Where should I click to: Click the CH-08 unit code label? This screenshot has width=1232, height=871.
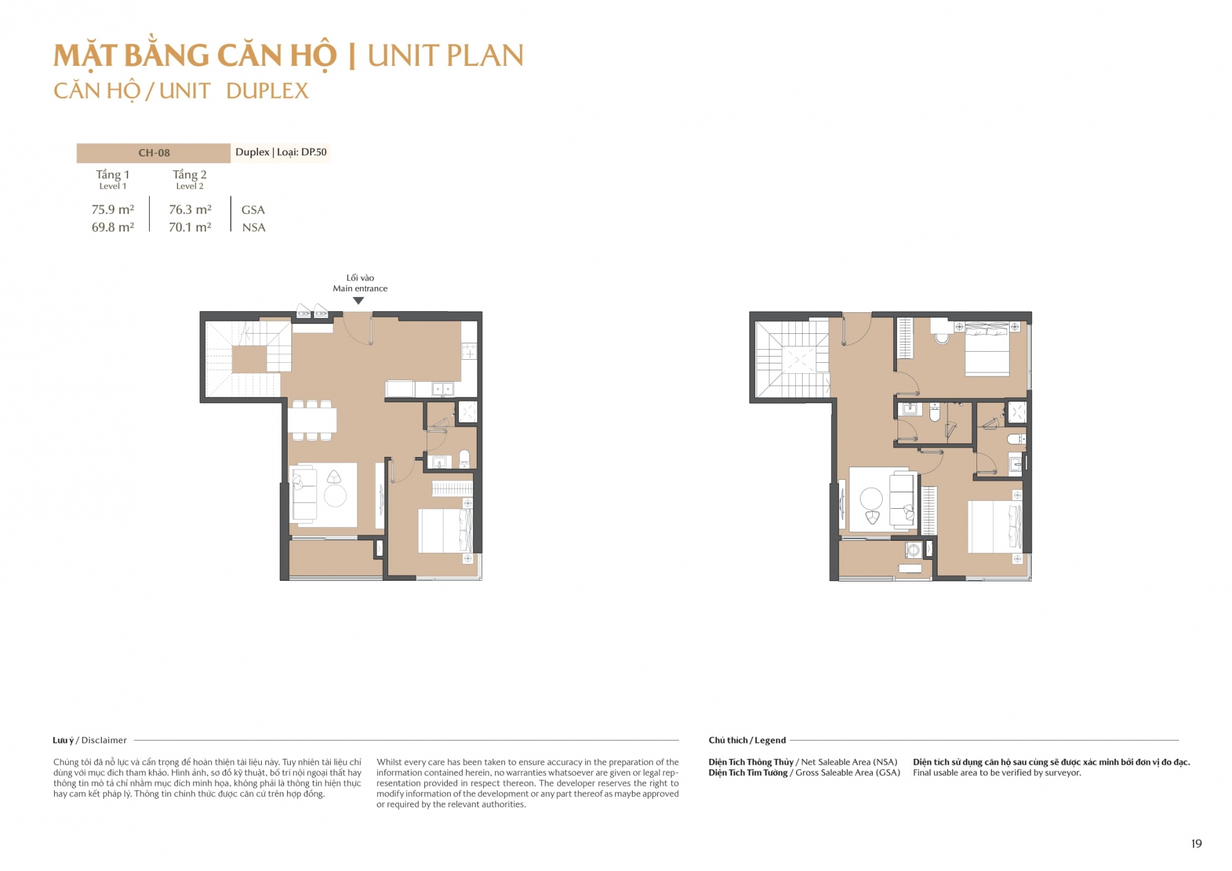click(154, 153)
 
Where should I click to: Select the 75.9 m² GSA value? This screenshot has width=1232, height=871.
click(113, 209)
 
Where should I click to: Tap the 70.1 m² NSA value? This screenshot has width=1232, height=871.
click(190, 227)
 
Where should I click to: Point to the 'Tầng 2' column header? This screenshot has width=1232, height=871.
click(190, 174)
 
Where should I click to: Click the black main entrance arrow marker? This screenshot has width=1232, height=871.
click(359, 301)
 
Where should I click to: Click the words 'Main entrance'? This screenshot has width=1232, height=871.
click(360, 288)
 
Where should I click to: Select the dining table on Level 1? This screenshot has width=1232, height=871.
click(312, 421)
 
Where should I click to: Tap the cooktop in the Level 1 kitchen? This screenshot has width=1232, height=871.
click(469, 351)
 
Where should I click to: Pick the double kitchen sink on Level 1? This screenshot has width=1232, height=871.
click(442, 389)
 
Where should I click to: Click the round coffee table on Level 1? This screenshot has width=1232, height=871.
click(335, 495)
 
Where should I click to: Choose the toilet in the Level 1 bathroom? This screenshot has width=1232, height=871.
click(464, 458)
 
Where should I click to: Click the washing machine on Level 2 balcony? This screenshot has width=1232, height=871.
click(914, 550)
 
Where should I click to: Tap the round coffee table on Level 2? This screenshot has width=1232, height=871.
click(872, 498)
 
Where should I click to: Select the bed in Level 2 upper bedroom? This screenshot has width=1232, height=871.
click(987, 349)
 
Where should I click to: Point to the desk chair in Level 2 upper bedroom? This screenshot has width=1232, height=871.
click(942, 338)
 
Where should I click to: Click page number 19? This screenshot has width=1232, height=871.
click(1196, 844)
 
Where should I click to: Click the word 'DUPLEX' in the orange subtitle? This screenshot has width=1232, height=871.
click(267, 91)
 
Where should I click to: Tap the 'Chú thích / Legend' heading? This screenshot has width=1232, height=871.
click(747, 740)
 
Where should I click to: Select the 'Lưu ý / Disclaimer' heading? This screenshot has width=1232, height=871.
click(90, 740)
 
